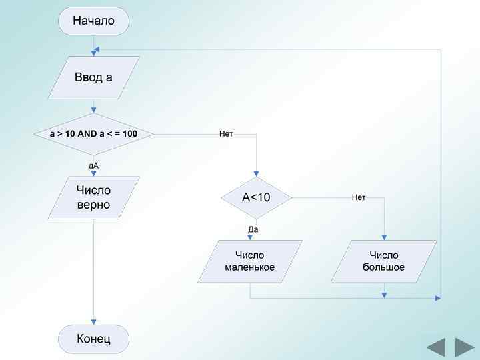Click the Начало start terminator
(93, 21)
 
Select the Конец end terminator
(93, 339)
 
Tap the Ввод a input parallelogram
(93, 77)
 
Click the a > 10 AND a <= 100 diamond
(93, 134)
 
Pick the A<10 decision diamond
(257, 197)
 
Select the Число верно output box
(93, 197)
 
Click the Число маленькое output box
(250, 261)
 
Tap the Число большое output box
(384, 261)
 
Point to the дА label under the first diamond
(93, 165)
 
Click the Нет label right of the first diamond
(226, 134)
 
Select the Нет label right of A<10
(359, 197)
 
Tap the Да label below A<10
(253, 229)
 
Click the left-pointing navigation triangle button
(436, 348)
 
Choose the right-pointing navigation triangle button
(464, 348)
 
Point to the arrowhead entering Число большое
(384, 237)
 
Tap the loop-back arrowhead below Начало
(97, 49)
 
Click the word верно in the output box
(93, 205)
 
